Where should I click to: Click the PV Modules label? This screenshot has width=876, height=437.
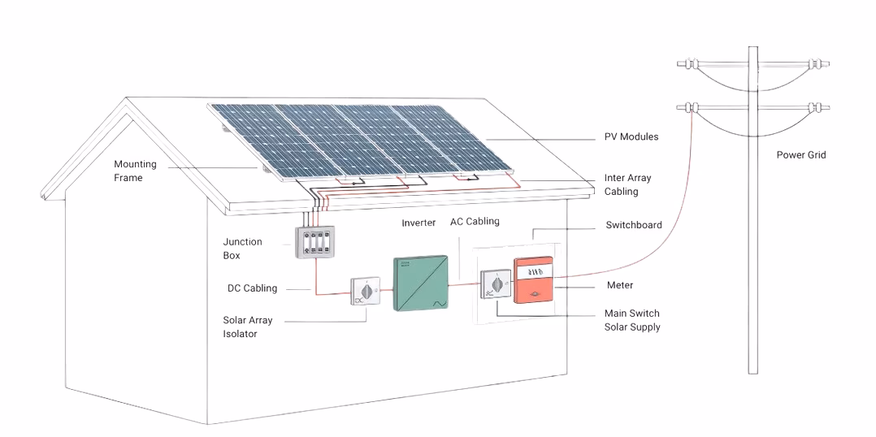[x=631, y=137]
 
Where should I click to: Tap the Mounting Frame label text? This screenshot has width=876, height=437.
[x=135, y=171]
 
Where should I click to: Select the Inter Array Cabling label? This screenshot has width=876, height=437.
[x=627, y=185]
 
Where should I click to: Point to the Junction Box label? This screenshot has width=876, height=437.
[x=242, y=249]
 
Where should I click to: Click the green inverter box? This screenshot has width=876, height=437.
[x=420, y=283]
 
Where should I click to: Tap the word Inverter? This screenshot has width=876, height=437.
[x=418, y=223]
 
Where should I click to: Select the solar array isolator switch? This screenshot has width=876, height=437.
[x=366, y=292]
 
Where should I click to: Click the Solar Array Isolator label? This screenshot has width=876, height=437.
[x=247, y=327]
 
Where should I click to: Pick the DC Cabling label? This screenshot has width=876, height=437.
[x=252, y=288]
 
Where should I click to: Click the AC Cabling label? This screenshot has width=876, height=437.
[x=475, y=222]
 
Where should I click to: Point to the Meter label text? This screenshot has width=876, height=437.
[x=620, y=286]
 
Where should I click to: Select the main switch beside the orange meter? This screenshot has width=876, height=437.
[x=494, y=284]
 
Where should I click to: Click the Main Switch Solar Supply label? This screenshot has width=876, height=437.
[x=631, y=320]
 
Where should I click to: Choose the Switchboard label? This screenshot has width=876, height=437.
[x=634, y=225]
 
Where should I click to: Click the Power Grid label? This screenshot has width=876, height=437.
[x=800, y=155]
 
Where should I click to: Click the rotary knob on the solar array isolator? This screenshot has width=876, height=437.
[x=366, y=290]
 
